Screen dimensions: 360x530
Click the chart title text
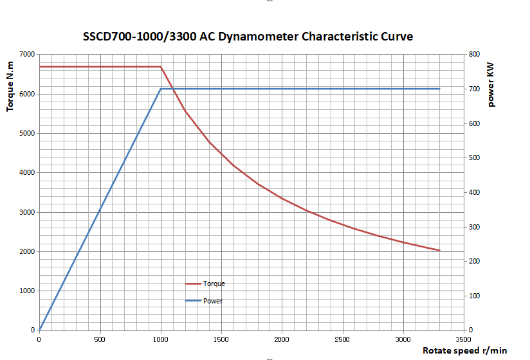[x=248, y=37]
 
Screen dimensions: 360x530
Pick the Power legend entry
[x=212, y=301]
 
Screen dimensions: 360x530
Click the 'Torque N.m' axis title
[x=10, y=82]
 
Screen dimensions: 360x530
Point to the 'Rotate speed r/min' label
[x=464, y=350]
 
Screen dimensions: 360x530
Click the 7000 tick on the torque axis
[x=27, y=54]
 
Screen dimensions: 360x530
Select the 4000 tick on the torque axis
[x=27, y=172]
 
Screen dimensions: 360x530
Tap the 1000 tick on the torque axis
[x=27, y=291]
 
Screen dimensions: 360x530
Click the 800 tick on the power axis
[x=474, y=54]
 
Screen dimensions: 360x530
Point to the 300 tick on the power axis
[x=474, y=227]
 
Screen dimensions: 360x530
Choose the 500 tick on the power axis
[x=474, y=157]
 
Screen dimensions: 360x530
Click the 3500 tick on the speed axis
[x=463, y=339]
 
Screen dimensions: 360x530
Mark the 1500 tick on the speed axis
[x=221, y=339]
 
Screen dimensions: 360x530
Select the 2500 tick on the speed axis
[x=342, y=339]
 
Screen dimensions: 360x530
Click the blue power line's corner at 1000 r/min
[x=161, y=89]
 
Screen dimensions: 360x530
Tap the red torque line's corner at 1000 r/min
[x=161, y=67]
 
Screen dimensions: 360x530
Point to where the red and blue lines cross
[x=172, y=89]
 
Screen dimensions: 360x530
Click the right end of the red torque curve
[x=439, y=250]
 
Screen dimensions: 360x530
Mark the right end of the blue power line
[x=439, y=89]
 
